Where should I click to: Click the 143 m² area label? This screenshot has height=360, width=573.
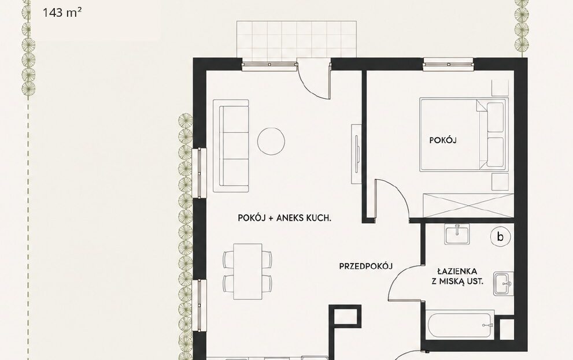click(62, 13)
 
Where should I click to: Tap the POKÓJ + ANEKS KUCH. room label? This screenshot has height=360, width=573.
click(284, 218)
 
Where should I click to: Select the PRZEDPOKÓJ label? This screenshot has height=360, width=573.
click(366, 266)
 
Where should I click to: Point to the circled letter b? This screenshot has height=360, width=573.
click(500, 236)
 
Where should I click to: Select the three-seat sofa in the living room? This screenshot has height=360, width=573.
click(231, 146)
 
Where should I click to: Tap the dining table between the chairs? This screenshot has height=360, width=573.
click(248, 271)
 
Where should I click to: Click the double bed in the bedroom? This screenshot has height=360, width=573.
click(464, 134)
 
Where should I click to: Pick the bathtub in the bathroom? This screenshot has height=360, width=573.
click(460, 324)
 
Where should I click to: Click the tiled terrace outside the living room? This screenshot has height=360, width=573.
click(297, 39)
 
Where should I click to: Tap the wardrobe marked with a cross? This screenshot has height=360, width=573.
click(468, 205)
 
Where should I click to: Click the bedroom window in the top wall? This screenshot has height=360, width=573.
click(448, 65)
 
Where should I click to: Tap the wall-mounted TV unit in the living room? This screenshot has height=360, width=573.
click(356, 154)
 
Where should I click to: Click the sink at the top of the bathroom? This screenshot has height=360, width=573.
click(457, 234)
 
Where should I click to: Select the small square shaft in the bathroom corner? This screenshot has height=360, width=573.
click(507, 330)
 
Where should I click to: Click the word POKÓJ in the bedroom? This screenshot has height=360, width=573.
click(443, 140)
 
